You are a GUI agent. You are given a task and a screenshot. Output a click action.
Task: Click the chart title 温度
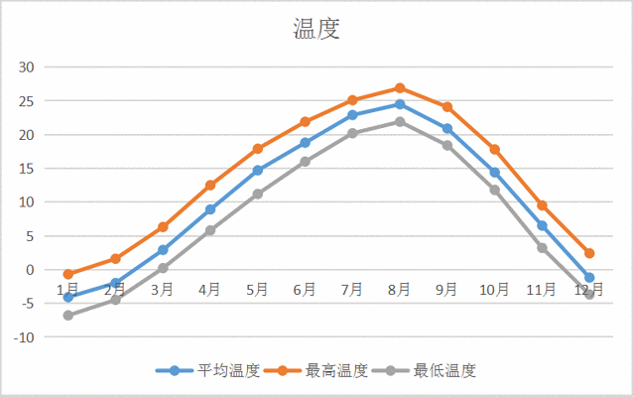coord(317,29)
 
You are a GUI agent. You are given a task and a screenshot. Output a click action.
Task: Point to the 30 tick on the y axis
coord(26,67)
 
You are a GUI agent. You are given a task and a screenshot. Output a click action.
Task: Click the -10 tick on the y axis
coord(24,337)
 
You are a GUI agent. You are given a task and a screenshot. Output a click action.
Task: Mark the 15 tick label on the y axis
coord(26,169)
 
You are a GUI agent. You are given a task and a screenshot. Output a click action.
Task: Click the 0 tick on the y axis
coord(30,270)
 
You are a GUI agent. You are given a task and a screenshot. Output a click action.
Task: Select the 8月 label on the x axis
coord(400,290)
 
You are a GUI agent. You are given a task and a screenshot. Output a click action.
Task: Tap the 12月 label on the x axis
coord(589,290)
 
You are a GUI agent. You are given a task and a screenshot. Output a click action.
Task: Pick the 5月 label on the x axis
coord(257,290)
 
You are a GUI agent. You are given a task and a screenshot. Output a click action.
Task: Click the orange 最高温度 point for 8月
coord(400,88)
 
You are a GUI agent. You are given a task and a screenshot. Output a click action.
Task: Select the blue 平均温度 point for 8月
coord(400,104)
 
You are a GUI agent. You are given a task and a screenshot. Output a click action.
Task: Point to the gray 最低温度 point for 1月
coord(68,316)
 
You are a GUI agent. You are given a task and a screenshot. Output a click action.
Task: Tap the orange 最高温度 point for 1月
coord(68,274)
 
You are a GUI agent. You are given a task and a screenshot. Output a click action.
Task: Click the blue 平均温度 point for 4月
coord(210,209)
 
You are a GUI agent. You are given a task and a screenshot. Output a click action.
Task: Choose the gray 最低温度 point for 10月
coord(494,190)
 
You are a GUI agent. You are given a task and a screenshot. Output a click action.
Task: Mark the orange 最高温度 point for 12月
coord(589,253)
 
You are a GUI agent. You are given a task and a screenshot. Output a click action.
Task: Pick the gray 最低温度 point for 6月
coord(305,161)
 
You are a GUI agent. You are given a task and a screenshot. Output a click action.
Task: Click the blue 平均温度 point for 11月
coord(542,225)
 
